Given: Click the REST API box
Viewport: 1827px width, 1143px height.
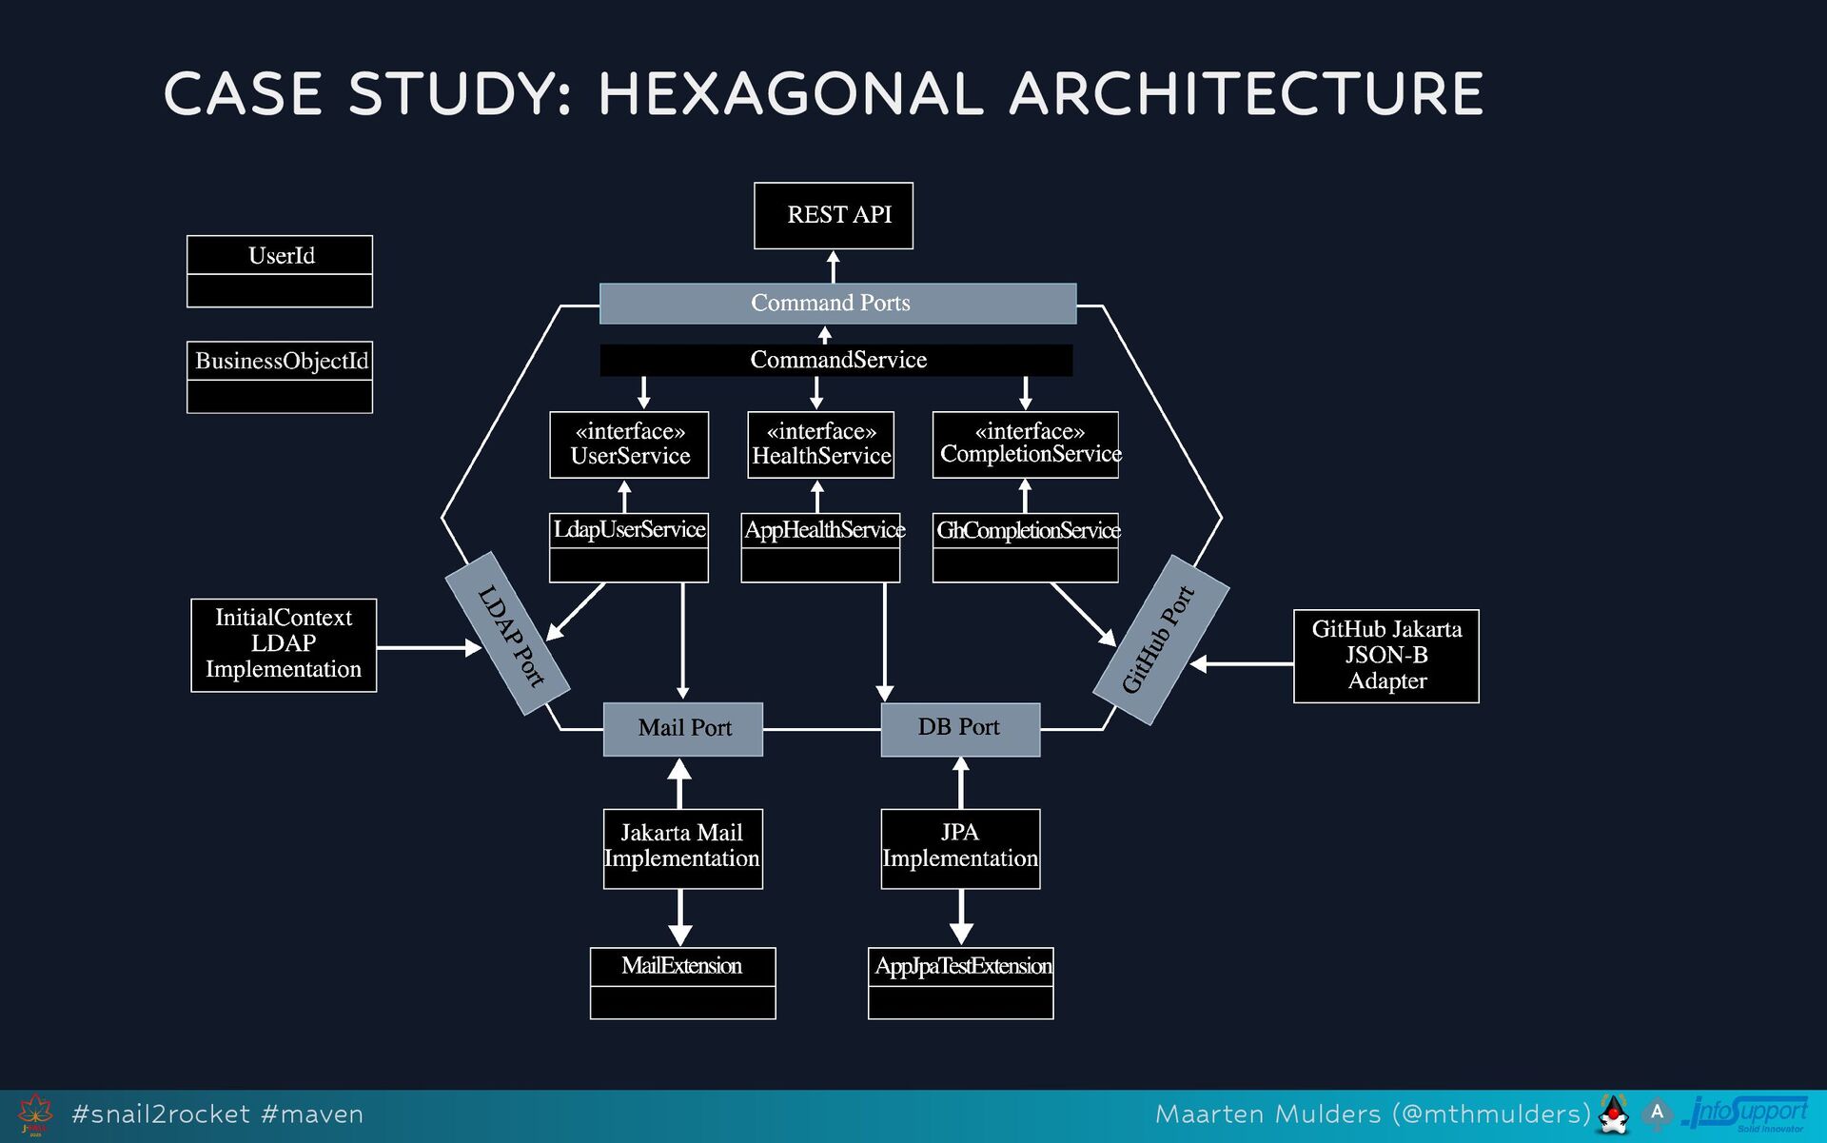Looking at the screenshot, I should pos(833,216).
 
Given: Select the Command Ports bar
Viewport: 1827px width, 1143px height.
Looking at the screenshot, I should pos(837,304).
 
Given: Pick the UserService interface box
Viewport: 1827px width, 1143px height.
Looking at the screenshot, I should pos(629,444).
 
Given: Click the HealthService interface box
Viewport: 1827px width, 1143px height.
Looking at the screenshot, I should pos(820,444).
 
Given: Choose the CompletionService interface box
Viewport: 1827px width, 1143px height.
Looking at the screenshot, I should pos(1025,444).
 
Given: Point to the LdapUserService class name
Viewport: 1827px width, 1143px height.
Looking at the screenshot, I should pos(629,530).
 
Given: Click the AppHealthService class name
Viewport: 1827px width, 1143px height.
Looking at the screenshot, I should pos(821,530).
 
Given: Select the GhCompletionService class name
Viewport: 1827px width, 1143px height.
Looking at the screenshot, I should pos(1026,530).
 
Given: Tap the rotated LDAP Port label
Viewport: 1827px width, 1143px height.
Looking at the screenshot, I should pos(509,635).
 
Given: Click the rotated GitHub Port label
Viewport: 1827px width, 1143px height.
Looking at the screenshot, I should pos(1160,640).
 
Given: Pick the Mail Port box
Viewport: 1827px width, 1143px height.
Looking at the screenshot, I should pos(683,729).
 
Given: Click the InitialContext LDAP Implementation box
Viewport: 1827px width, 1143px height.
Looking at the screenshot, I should pos(284,644).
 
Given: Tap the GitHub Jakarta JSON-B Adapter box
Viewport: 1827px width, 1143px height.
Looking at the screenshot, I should pos(1385,656).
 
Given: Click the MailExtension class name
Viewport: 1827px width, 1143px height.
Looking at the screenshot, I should pos(682,967).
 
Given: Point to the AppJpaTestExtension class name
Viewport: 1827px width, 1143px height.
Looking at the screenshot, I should pos(961,967).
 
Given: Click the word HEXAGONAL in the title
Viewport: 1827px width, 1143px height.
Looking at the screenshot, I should pos(790,94).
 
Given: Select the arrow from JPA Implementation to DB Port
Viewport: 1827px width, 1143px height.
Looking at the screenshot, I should pos(961,782).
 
